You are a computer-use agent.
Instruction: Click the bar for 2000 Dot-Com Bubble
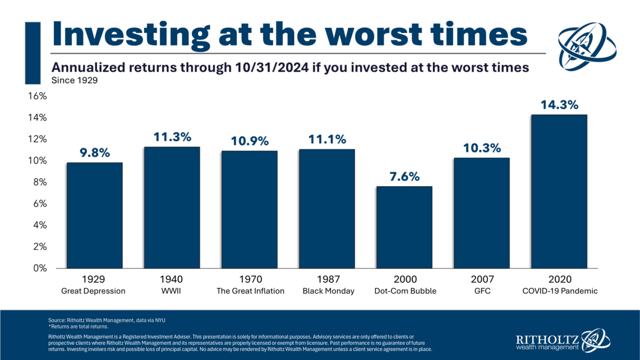(404, 227)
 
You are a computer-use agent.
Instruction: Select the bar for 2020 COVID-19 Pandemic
(559, 192)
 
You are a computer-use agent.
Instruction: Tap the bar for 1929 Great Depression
(95, 215)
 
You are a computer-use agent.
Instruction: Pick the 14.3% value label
(559, 105)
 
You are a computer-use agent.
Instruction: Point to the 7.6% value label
(404, 177)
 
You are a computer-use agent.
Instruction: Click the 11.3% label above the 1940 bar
(172, 137)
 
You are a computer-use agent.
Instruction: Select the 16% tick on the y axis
(37, 96)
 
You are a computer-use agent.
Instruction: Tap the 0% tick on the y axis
(40, 268)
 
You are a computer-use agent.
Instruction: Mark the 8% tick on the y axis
(40, 182)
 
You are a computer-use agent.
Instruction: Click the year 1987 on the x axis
(328, 279)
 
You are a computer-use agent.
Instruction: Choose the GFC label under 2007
(482, 291)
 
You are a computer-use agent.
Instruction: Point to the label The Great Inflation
(250, 291)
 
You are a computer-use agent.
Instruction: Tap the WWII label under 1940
(171, 291)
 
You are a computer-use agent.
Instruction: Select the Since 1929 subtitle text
(75, 80)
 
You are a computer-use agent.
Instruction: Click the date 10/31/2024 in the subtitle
(272, 67)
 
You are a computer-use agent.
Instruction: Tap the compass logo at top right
(587, 46)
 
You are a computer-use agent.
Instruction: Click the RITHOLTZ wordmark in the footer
(547, 339)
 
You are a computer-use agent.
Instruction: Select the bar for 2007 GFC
(482, 213)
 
